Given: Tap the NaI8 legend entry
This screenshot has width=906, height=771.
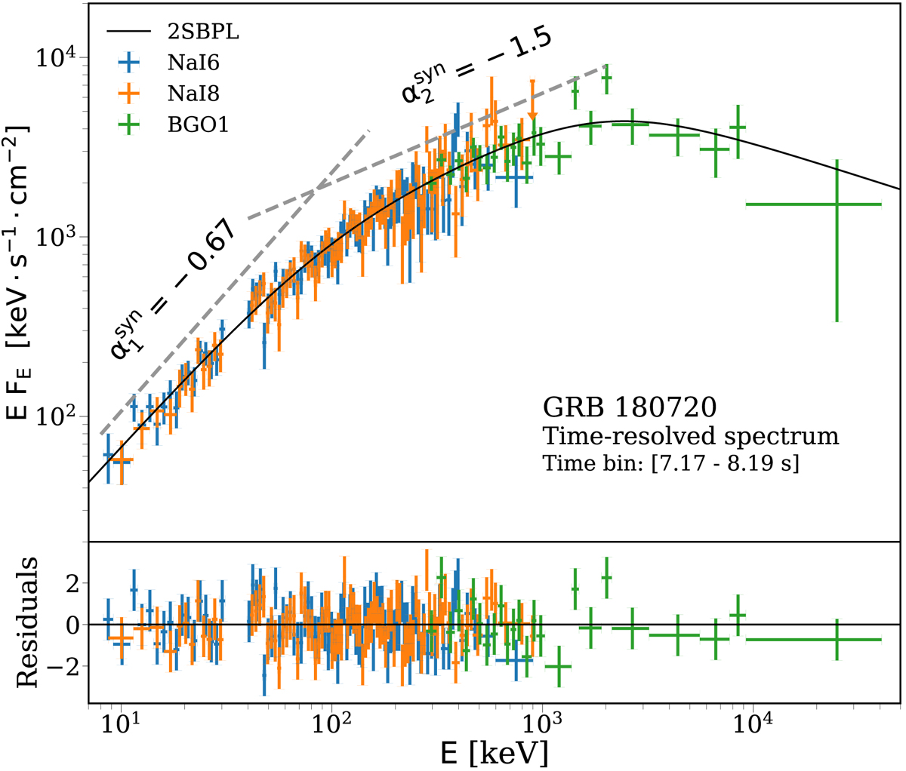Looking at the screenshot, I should pos(189,94).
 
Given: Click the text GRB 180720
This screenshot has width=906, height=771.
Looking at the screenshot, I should pos(629,408).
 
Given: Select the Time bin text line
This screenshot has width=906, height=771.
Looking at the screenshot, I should pos(671,462).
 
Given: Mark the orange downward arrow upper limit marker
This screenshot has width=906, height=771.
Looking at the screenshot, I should pos(532,113).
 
